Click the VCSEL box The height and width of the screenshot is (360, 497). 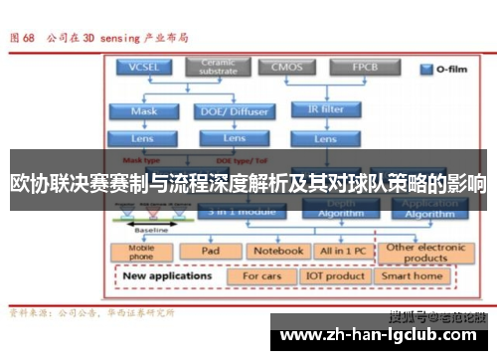click(143, 68)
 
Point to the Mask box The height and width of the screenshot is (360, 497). click(143, 111)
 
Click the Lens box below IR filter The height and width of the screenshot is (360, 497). click(324, 139)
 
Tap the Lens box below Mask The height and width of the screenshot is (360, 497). click(143, 138)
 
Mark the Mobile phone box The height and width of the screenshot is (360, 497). click(142, 252)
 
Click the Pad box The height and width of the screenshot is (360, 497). click(210, 251)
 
